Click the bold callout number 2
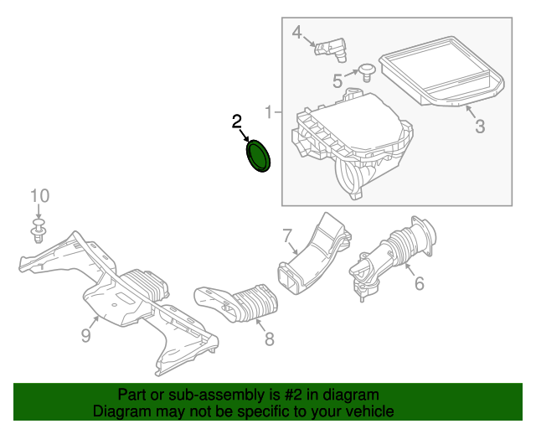tap(236, 121)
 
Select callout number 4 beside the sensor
tap(297, 33)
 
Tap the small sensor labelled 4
tap(331, 50)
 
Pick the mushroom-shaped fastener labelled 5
tap(367, 72)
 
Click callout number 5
tap(338, 81)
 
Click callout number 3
tap(480, 127)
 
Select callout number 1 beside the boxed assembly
tap(269, 112)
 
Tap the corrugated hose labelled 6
tap(393, 259)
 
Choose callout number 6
tap(420, 283)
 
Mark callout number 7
tap(287, 235)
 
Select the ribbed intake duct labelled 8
tap(236, 302)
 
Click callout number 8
tap(270, 339)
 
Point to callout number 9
tap(85, 335)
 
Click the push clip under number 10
tap(39, 231)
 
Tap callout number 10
tap(39, 196)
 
